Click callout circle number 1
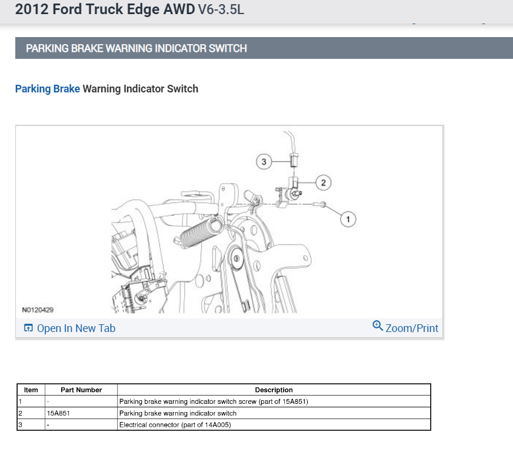(348, 219)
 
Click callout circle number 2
(322, 182)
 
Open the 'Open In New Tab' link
(76, 328)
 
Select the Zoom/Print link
(412, 328)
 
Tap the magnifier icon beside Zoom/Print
(378, 326)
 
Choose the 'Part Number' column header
(81, 390)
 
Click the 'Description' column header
(274, 390)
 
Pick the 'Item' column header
(31, 390)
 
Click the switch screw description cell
(214, 402)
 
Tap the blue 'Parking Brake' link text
(47, 89)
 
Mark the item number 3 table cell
(31, 424)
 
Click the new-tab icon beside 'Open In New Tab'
(28, 328)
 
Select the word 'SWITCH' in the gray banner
(228, 48)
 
